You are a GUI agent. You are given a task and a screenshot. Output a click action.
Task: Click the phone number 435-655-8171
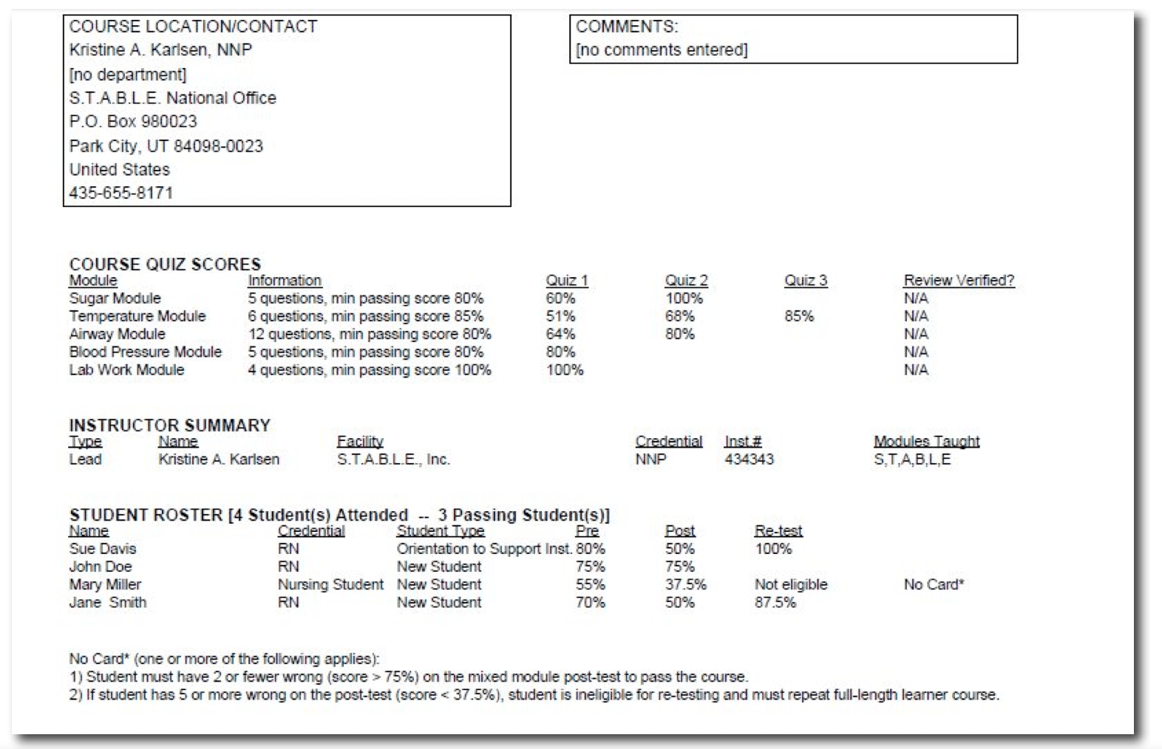(x=121, y=193)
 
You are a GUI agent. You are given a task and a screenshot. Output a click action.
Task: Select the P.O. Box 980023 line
(x=133, y=121)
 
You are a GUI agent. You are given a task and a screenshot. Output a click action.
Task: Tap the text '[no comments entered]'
(x=662, y=49)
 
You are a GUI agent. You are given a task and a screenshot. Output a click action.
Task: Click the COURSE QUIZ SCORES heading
(x=165, y=264)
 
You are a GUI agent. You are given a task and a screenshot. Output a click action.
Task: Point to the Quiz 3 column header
(x=806, y=281)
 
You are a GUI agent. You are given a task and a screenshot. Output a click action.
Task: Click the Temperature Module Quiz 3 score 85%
(x=799, y=316)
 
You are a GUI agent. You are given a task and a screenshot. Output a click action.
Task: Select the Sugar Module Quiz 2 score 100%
(x=684, y=298)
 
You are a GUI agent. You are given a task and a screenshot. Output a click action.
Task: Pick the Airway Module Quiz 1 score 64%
(x=560, y=334)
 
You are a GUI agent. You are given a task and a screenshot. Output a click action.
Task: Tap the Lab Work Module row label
(x=126, y=369)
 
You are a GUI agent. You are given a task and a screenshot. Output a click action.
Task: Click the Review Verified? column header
(x=959, y=281)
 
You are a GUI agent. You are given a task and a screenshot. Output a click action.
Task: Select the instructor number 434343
(x=749, y=459)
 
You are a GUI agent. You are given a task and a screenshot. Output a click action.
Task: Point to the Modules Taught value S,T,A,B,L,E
(x=912, y=459)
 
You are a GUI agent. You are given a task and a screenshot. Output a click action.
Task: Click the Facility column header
(x=360, y=441)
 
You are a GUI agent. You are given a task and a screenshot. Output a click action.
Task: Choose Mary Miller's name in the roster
(x=105, y=584)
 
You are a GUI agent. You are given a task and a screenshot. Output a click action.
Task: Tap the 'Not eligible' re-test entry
(x=791, y=584)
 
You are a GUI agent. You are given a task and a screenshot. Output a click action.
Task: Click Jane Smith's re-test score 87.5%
(x=775, y=602)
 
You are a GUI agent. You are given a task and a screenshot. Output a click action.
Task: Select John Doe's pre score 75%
(x=590, y=567)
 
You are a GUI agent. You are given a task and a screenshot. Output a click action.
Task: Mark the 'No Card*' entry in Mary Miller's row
(x=934, y=584)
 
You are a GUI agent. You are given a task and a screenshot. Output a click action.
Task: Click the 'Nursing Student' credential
(x=330, y=584)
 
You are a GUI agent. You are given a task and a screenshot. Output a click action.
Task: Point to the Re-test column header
(x=778, y=530)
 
